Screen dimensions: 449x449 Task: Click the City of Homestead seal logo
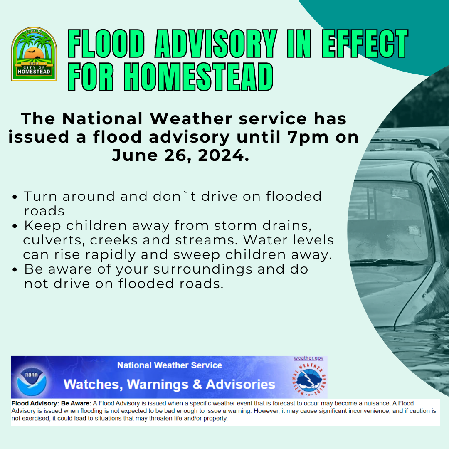click(34, 54)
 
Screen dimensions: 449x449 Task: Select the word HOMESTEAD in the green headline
click(199, 77)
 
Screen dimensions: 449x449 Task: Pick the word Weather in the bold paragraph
click(192, 118)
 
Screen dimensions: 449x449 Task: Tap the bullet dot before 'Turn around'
click(15, 197)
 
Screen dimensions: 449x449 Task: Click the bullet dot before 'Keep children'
click(15, 226)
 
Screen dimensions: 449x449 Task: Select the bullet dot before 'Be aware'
click(15, 270)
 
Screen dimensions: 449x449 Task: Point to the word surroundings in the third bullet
click(203, 269)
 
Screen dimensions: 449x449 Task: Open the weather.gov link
click(308, 358)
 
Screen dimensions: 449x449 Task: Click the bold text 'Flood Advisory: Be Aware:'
click(51, 403)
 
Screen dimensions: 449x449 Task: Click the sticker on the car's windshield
click(415, 230)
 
